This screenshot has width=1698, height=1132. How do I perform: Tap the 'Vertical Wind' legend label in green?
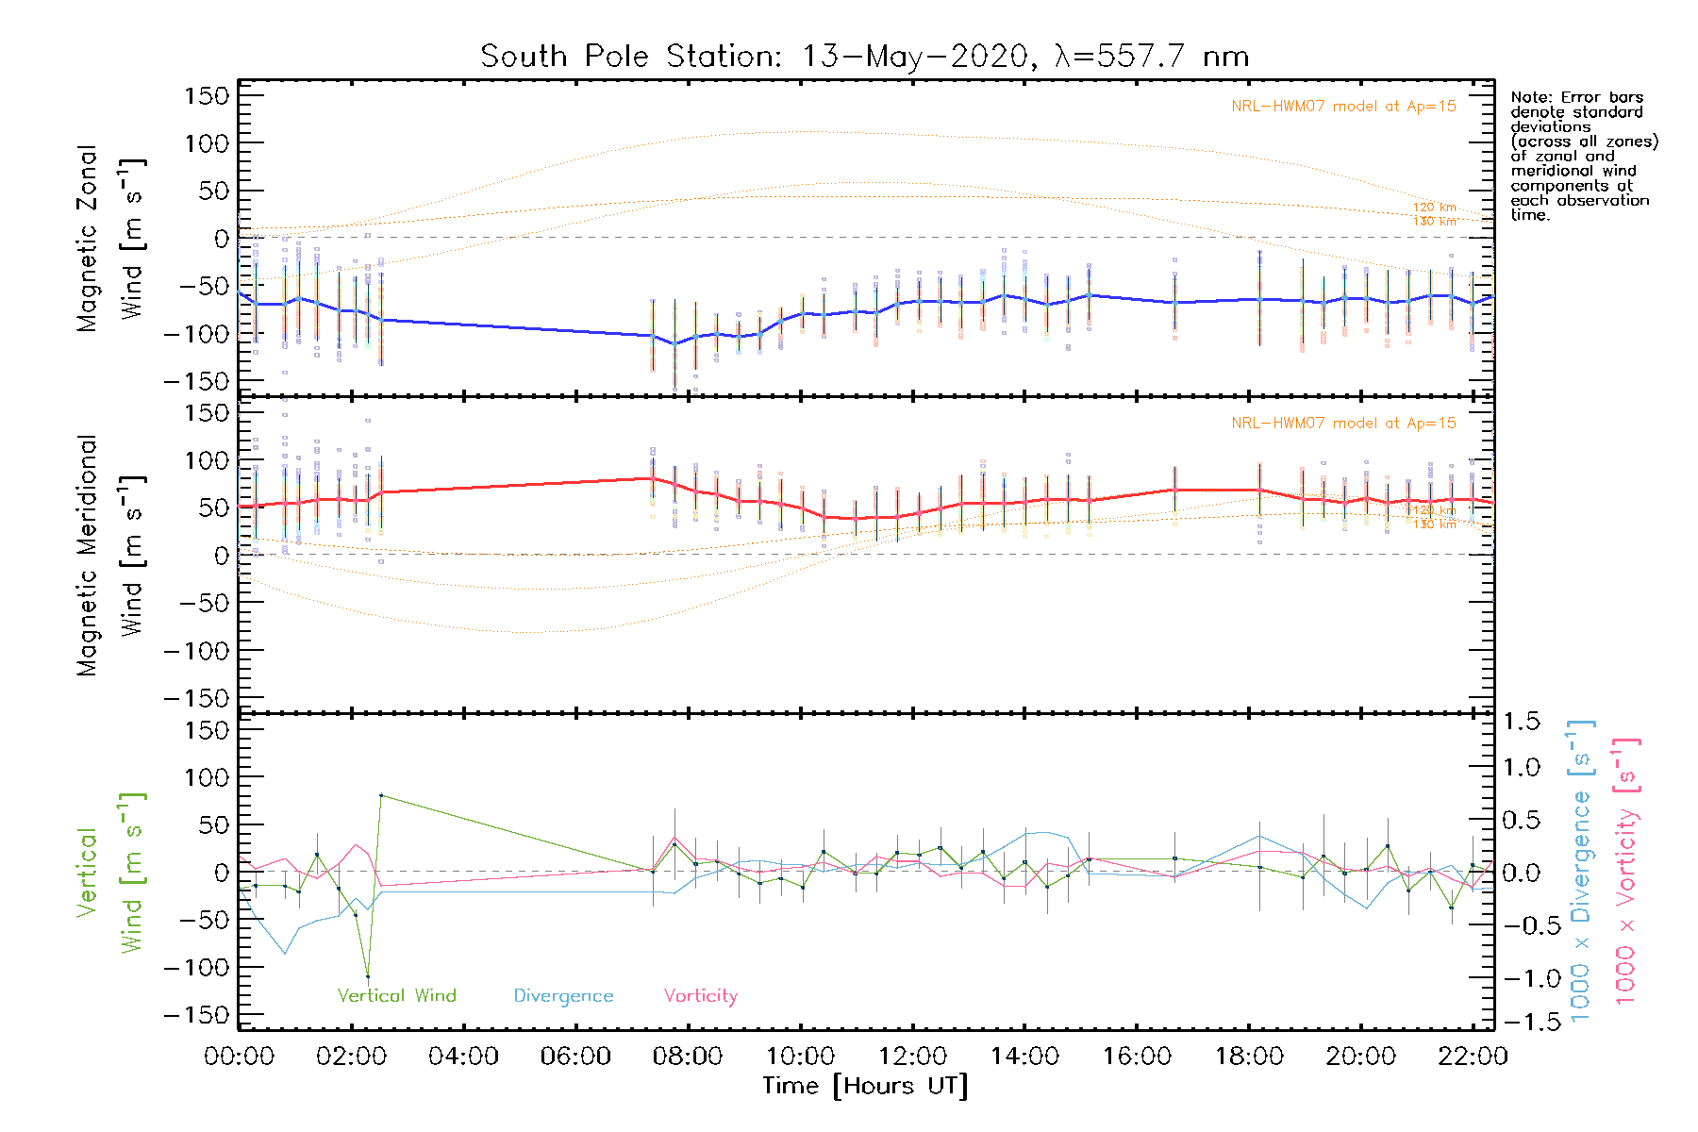(x=396, y=995)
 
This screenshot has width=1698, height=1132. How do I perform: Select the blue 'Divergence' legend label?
(x=563, y=996)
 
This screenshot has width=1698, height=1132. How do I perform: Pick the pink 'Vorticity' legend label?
(x=700, y=995)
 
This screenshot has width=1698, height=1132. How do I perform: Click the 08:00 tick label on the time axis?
(x=688, y=1057)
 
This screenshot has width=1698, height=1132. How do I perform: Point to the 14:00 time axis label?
(x=1024, y=1057)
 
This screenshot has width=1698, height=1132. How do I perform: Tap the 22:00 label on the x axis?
(x=1473, y=1057)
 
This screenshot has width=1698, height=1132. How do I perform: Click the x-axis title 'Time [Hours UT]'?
(x=865, y=1086)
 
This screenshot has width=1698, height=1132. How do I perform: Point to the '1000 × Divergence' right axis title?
(x=1581, y=872)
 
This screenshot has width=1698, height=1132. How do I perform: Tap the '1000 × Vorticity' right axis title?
(x=1626, y=872)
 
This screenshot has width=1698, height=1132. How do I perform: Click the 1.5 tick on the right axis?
(x=1522, y=722)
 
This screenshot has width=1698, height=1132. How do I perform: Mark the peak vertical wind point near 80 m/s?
(x=381, y=795)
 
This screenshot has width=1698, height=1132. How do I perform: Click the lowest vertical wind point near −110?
(x=368, y=977)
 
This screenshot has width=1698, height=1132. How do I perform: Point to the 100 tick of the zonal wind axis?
(x=208, y=143)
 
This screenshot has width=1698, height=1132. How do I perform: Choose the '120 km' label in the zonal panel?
(x=1434, y=207)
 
